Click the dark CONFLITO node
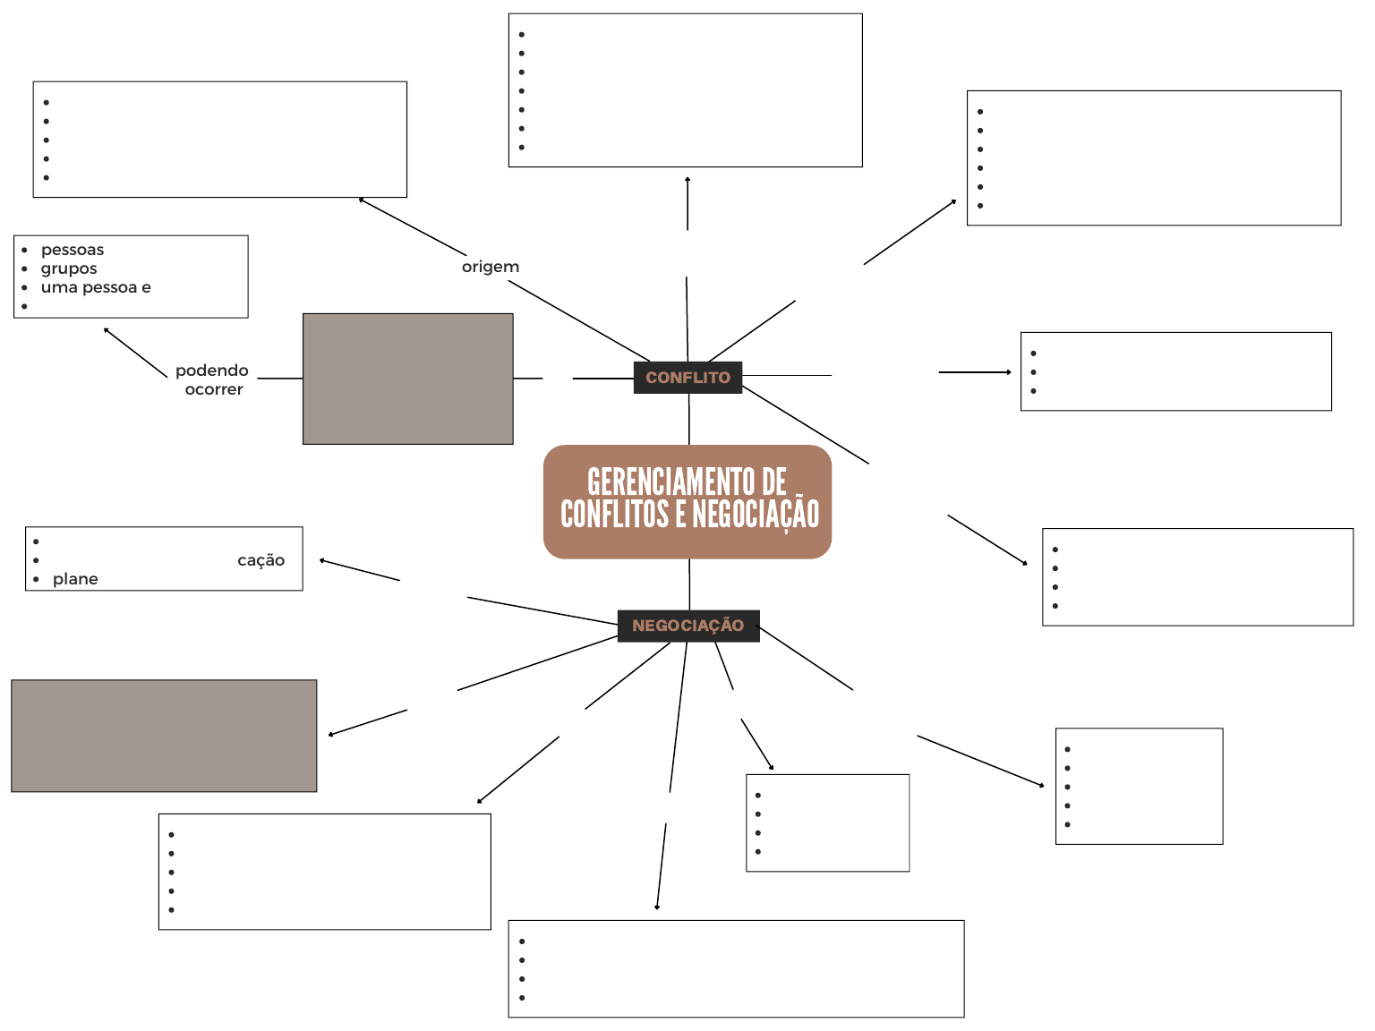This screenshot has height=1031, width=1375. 687,378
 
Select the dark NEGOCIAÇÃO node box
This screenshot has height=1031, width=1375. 687,626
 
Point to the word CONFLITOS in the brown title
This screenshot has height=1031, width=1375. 615,515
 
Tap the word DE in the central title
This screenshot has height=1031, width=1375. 773,482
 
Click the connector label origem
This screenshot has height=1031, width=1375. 490,267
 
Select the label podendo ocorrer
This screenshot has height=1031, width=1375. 212,379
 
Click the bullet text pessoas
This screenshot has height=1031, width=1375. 73,250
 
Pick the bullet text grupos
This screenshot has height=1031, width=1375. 69,268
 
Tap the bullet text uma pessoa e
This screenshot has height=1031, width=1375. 96,287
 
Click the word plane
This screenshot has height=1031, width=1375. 75,579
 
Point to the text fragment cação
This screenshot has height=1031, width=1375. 260,560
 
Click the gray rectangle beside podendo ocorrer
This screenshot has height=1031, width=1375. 407,379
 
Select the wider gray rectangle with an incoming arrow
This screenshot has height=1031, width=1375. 164,736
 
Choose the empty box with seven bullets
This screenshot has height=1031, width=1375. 685,90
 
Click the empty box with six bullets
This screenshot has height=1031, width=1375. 1153,158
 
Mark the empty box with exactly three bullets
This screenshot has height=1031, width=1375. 1175,371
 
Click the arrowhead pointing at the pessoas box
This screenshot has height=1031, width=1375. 107,330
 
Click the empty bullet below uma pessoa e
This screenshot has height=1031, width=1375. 24,306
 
